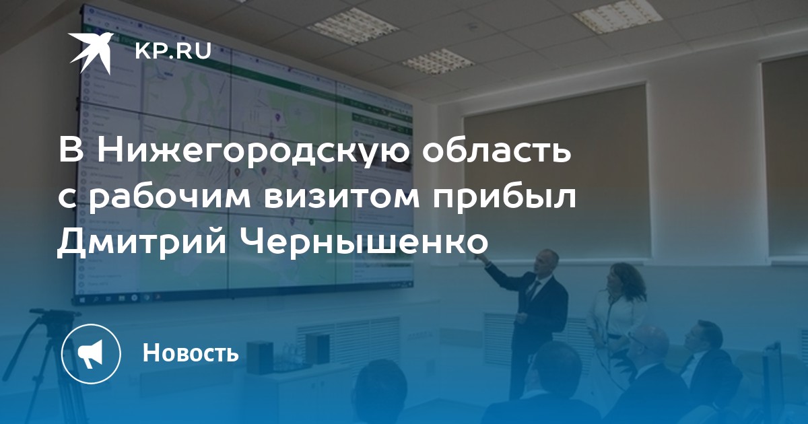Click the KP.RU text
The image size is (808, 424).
173,51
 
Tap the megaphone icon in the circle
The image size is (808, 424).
92,354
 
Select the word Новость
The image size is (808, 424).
191,352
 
